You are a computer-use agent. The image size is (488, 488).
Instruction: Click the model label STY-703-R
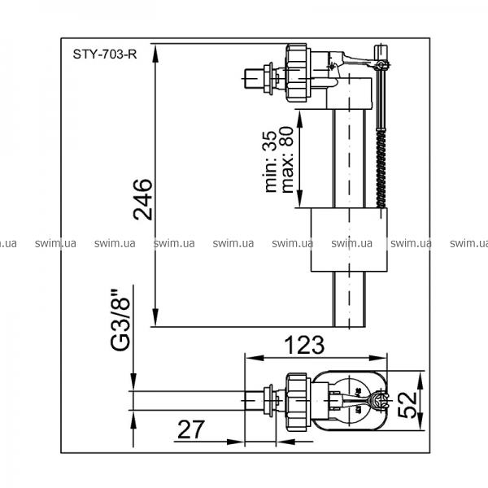click(x=105, y=54)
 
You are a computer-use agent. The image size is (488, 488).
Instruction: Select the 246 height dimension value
click(x=143, y=199)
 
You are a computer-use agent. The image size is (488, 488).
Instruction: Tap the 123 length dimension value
click(x=305, y=345)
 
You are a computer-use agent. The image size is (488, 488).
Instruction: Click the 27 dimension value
click(x=191, y=429)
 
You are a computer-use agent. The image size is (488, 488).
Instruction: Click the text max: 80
click(x=287, y=159)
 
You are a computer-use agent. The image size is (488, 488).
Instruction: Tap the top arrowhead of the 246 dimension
click(x=155, y=53)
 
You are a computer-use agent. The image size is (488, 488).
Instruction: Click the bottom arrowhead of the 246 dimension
click(x=155, y=318)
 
